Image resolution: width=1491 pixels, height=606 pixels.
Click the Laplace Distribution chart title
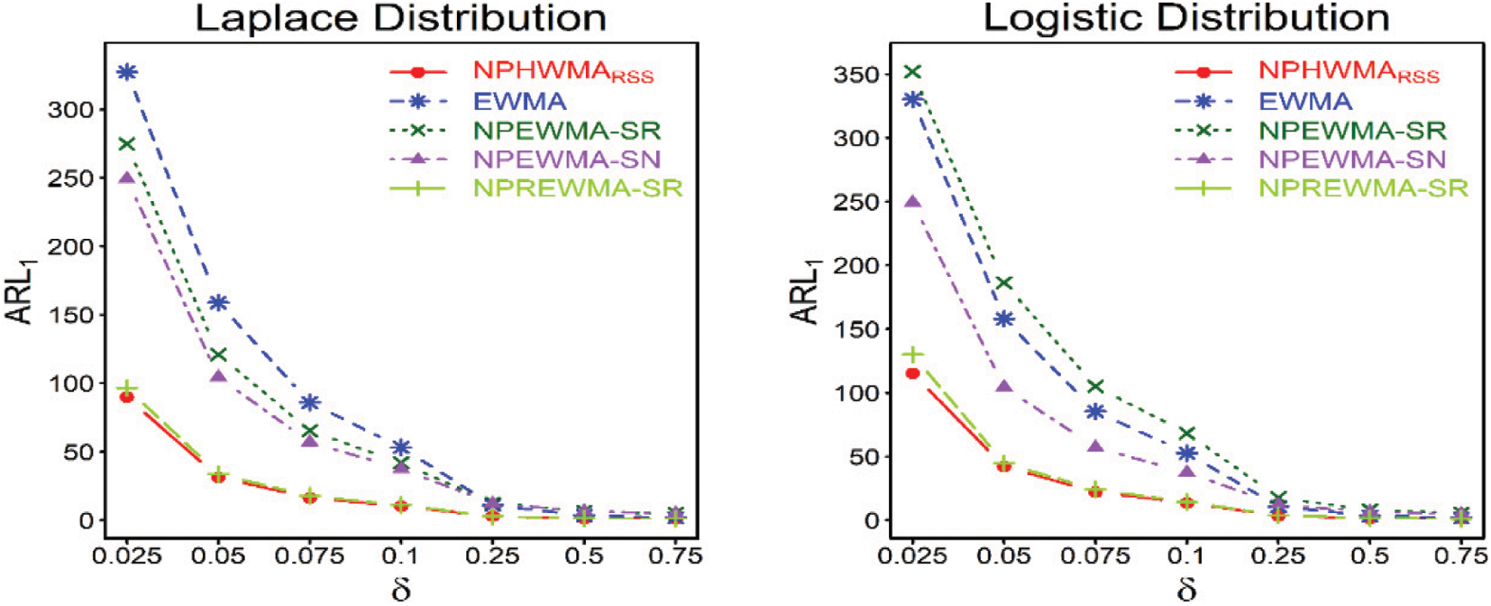click(400, 18)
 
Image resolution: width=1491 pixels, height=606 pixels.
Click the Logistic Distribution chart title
click(1185, 18)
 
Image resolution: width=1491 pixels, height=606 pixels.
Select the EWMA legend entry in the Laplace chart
click(519, 101)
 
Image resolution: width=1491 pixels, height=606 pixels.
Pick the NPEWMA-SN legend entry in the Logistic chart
click(1351, 160)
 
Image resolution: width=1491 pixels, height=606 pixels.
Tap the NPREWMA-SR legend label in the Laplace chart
click(577, 188)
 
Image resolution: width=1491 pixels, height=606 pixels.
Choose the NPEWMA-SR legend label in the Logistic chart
click(1351, 131)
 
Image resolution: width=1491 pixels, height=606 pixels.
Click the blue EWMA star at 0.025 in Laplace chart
click(127, 72)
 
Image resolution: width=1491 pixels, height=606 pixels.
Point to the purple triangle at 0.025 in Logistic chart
click(912, 201)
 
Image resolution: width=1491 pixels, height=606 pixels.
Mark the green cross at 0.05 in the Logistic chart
click(1003, 283)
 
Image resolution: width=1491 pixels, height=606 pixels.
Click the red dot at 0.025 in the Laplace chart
click(127, 397)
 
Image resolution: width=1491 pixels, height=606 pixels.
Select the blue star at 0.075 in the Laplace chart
click(309, 402)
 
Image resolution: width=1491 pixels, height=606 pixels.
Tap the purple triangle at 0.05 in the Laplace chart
click(218, 376)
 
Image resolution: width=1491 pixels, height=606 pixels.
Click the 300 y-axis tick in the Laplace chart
click(70, 110)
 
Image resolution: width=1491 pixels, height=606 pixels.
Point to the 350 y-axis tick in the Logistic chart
click(855, 75)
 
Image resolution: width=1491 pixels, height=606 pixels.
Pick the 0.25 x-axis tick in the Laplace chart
click(492, 555)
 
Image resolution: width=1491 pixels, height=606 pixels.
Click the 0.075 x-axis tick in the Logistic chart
click(1094, 555)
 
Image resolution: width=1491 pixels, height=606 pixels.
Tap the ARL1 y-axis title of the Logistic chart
click(805, 291)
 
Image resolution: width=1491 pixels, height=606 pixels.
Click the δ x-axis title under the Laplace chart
click(401, 590)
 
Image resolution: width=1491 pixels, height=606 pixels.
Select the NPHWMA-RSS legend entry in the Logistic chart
click(1349, 71)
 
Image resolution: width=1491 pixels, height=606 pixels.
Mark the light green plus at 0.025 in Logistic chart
click(912, 354)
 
